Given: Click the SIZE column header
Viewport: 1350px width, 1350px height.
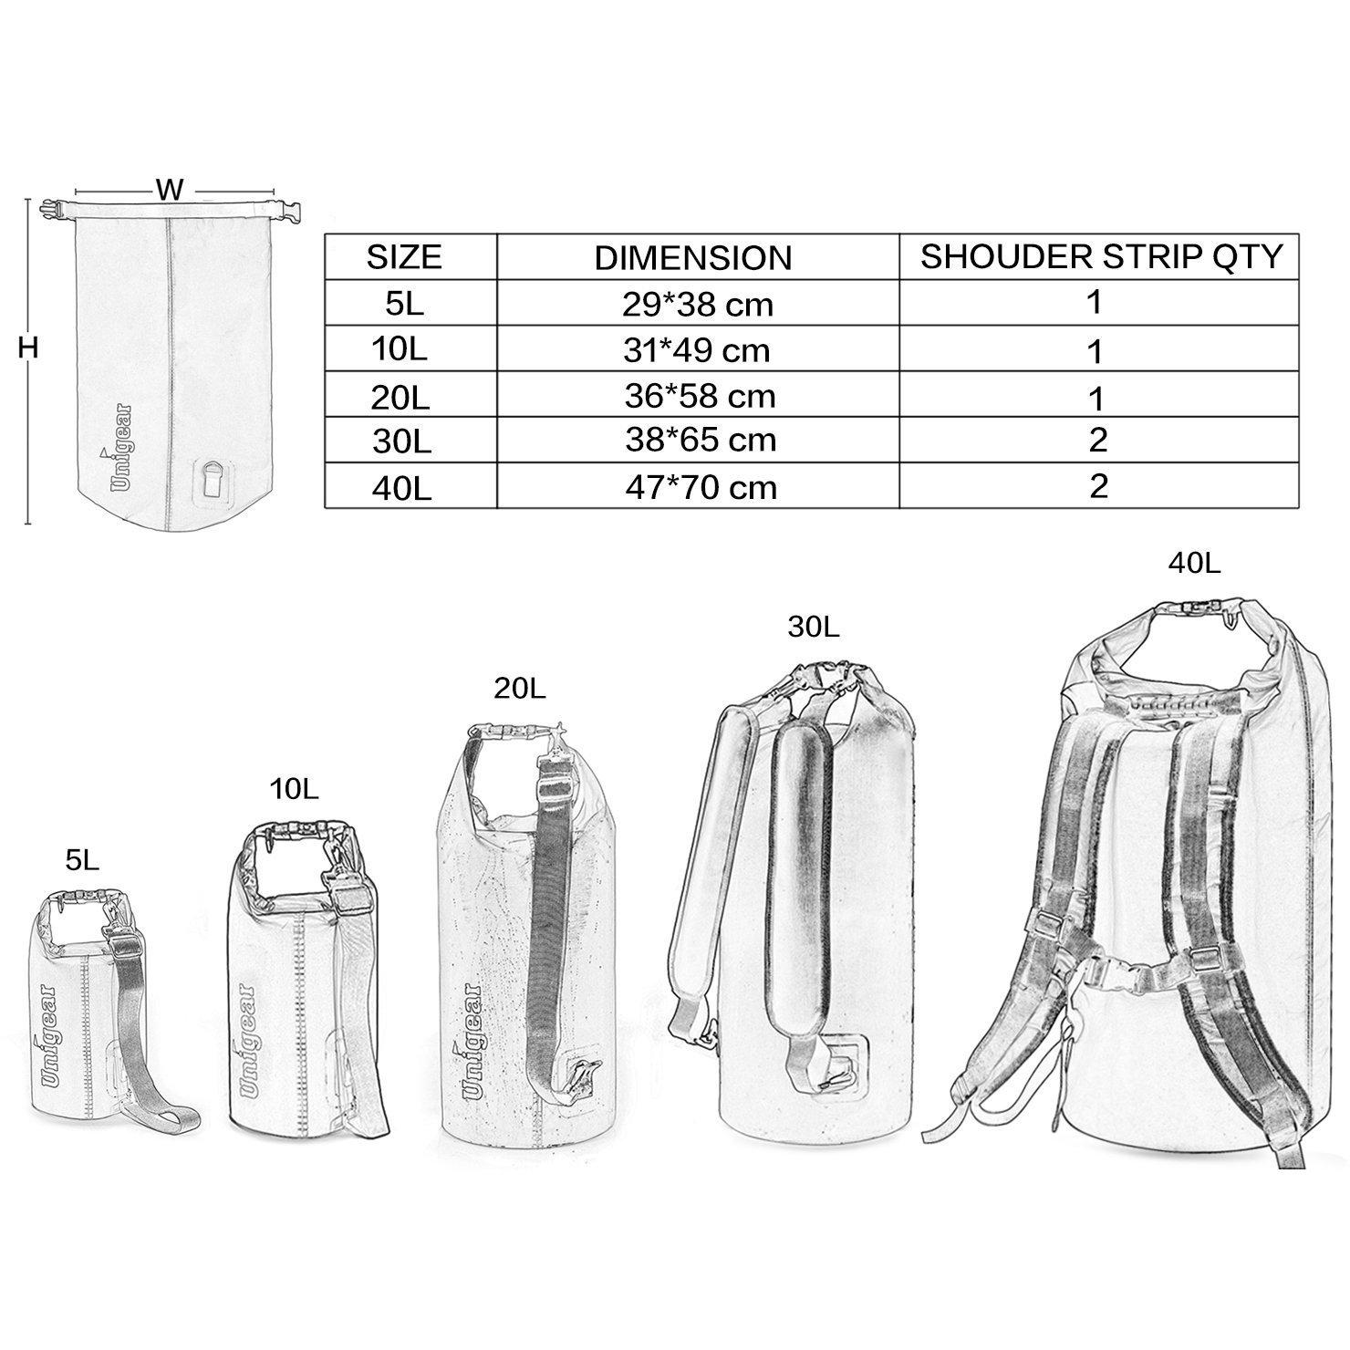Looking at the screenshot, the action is coord(404,257).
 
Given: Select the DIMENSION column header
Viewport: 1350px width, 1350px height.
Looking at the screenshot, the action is coord(693,258).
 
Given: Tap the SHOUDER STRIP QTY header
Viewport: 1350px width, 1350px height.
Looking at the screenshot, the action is coord(1102,256).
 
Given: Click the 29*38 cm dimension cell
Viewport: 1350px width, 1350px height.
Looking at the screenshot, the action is coord(699,304).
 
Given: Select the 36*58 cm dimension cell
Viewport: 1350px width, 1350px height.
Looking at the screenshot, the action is coord(701,396).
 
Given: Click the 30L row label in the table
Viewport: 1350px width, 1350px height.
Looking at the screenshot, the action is coord(401,441).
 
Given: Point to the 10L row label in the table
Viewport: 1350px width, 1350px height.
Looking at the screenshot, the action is coord(403,351).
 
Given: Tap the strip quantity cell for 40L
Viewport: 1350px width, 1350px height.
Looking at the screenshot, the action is coord(1098,485).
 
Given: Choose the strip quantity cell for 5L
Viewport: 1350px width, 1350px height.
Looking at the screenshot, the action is coord(1096,302).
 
